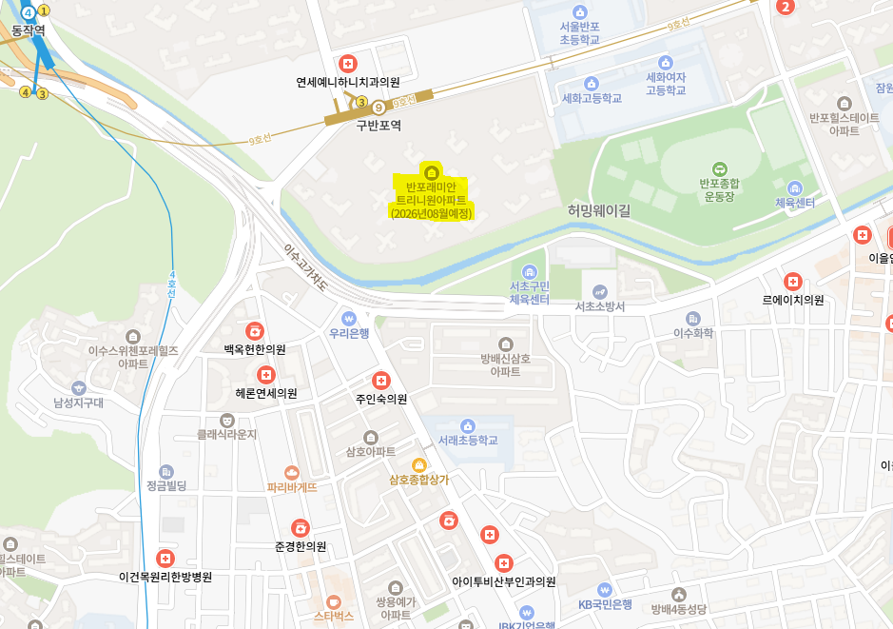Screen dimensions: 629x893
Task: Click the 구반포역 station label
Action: [379, 125]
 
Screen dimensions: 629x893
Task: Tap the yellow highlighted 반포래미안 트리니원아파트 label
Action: [431, 200]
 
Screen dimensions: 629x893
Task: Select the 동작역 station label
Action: [29, 30]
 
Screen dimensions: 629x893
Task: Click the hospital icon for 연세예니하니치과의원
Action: [348, 64]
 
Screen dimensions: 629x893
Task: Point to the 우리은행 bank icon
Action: [349, 317]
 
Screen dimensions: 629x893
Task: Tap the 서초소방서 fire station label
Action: [599, 306]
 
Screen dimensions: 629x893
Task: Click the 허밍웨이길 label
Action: [599, 210]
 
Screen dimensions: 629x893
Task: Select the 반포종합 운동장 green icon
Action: [719, 168]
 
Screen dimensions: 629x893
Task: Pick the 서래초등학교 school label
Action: [468, 442]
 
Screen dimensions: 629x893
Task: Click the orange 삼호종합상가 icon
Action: [418, 464]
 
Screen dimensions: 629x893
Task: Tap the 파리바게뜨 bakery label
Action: [292, 487]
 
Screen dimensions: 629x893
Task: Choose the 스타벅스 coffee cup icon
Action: [334, 601]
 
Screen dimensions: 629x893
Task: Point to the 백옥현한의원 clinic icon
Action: [255, 331]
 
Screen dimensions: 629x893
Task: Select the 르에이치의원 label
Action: [792, 300]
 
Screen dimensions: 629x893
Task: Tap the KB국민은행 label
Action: [605, 604]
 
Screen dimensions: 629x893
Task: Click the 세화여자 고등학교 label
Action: [666, 84]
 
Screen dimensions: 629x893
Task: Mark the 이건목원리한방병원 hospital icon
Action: [165, 558]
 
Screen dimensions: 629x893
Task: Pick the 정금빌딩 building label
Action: [166, 485]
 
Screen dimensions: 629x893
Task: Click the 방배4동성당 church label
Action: [679, 609]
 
